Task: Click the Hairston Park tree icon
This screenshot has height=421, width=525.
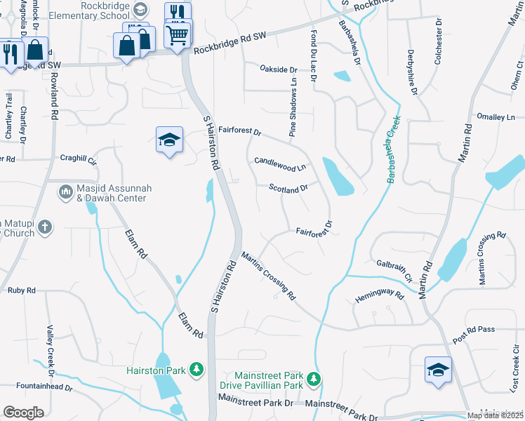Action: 198,369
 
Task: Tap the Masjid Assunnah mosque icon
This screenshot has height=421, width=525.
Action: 66,191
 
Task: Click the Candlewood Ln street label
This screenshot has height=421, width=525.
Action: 280,165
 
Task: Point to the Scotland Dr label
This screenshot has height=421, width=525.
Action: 288,188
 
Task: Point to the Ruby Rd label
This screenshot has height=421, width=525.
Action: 20,289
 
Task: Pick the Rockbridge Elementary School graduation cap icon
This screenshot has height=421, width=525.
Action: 140,9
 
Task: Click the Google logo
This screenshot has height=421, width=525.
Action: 23,413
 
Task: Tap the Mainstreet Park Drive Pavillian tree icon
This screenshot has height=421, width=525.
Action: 314,380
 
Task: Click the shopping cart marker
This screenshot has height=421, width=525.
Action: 178,33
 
